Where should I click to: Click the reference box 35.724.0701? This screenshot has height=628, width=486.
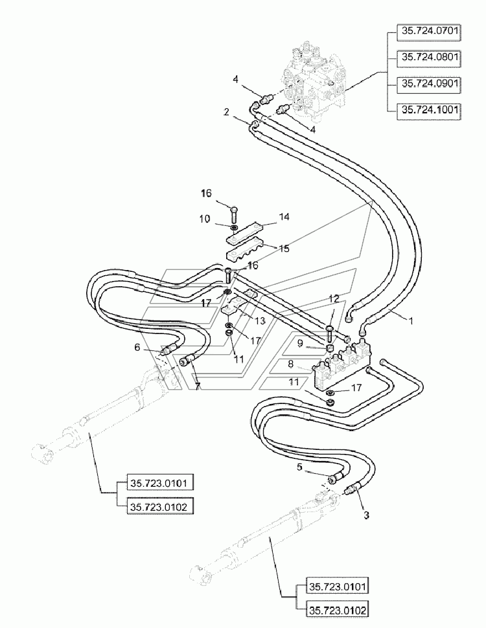pyautogui.click(x=429, y=32)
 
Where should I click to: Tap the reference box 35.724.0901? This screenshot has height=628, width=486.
pyautogui.click(x=429, y=84)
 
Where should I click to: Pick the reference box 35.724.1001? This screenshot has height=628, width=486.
pyautogui.click(x=429, y=111)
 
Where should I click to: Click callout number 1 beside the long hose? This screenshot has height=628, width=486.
pyautogui.click(x=410, y=320)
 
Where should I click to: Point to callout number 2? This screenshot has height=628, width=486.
pyautogui.click(x=227, y=113)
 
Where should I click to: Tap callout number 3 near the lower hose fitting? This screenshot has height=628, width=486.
pyautogui.click(x=366, y=515)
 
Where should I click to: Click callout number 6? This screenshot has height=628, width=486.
pyautogui.click(x=137, y=347)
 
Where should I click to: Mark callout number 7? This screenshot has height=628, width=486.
pyautogui.click(x=198, y=387)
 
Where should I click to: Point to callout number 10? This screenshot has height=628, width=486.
pyautogui.click(x=205, y=219)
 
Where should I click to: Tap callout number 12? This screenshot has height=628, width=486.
pyautogui.click(x=334, y=298)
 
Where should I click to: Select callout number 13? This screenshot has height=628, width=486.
pyautogui.click(x=260, y=320)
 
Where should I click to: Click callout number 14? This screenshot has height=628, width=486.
pyautogui.click(x=284, y=217)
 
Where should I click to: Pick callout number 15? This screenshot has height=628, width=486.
pyautogui.click(x=284, y=249)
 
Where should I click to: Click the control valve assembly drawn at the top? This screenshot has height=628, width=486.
pyautogui.click(x=315, y=80)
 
